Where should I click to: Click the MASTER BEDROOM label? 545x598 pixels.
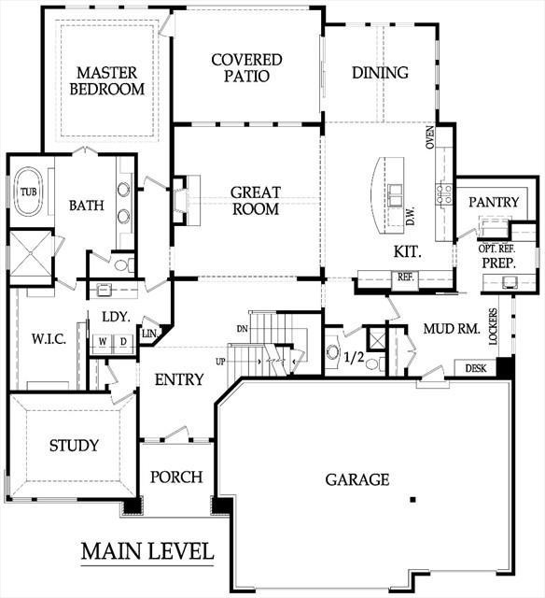[107, 80]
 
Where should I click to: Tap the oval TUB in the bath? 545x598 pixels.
[29, 192]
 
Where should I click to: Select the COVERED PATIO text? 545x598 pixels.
[246, 67]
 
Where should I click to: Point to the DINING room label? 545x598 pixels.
[380, 73]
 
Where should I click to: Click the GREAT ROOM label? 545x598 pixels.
[256, 201]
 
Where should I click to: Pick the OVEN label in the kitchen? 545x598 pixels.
[429, 137]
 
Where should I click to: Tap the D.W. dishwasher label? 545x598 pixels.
[411, 216]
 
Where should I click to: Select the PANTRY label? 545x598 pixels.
[494, 202]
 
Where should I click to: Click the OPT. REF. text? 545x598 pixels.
[496, 249]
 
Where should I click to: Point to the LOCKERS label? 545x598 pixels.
[493, 326]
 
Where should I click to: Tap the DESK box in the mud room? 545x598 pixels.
[476, 368]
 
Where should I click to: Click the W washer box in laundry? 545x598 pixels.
[103, 342]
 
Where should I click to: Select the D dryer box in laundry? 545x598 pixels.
[123, 342]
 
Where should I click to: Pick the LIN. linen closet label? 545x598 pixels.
[149, 334]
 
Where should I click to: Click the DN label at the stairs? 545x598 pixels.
[242, 328]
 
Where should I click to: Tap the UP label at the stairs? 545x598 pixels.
[220, 362]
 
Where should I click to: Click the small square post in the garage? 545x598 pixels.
[412, 499]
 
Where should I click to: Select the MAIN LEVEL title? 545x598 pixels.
[147, 551]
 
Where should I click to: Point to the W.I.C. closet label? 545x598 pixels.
[49, 338]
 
